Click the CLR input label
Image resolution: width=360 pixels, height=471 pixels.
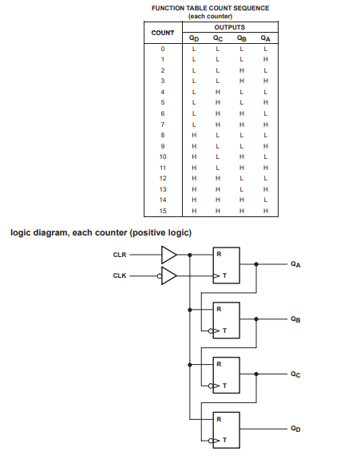[x=120, y=255]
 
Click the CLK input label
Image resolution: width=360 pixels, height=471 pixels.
[x=120, y=275]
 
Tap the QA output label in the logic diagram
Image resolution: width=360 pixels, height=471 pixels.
[x=295, y=264]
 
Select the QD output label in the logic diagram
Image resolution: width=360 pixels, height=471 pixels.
[x=295, y=429]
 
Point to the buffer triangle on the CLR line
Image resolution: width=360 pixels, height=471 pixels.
[x=168, y=255]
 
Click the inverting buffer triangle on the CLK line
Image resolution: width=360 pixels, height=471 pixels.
[x=168, y=275]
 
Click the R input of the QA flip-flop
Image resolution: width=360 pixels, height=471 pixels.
[x=219, y=254]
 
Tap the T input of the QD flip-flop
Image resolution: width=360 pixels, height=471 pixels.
[x=224, y=440]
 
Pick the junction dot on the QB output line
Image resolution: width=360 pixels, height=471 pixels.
[x=256, y=319]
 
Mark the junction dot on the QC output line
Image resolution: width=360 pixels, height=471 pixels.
[x=256, y=374]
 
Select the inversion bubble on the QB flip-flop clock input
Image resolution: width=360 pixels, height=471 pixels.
[x=211, y=331]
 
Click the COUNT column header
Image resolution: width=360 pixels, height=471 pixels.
[x=163, y=33]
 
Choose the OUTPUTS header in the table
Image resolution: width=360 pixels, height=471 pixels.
[x=230, y=27]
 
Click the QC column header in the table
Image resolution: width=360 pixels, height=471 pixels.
[x=218, y=38]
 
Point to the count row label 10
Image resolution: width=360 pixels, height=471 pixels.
[x=163, y=156]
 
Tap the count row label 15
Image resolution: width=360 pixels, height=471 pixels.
[x=163, y=211]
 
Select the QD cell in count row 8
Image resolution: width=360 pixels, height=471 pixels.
[x=194, y=135]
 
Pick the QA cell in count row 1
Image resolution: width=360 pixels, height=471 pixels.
[x=266, y=60]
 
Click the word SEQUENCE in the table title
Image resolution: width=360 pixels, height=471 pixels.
[x=251, y=8]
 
